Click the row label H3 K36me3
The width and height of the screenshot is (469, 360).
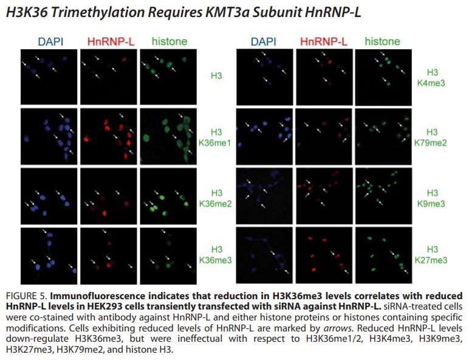pos(215,255)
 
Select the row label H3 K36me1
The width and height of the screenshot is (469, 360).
pos(215,137)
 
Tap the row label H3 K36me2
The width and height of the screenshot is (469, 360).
pos(215,198)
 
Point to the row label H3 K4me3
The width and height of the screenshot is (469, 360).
pos(431,78)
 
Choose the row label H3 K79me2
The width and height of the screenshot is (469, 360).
pos(430,137)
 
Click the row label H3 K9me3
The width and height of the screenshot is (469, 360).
pos(431,198)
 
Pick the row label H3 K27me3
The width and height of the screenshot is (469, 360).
pos(431,255)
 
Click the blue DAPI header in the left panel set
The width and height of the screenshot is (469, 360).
pos(51,41)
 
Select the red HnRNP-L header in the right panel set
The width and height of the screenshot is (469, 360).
pos(324,41)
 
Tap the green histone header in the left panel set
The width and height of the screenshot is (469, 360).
pos(169,41)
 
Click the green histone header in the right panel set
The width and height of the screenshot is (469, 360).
pos(382,41)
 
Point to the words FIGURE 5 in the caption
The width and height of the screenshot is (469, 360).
pos(27,296)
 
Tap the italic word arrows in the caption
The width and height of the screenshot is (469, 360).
pos(337,328)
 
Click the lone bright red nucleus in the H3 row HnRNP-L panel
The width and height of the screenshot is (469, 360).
pos(124,60)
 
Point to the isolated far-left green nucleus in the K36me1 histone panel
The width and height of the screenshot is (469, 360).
pos(146,138)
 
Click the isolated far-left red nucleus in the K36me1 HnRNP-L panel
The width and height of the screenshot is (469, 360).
pos(86,139)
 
